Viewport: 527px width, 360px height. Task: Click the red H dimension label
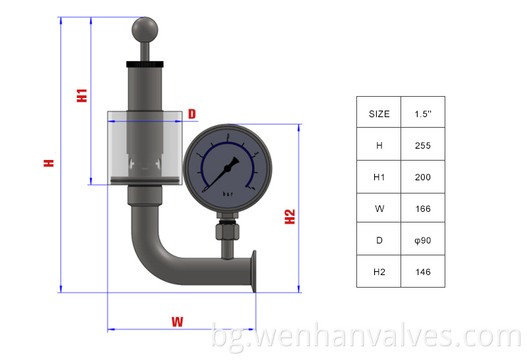[49, 162]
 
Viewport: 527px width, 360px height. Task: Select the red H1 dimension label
[82, 94]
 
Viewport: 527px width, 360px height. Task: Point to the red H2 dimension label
[290, 217]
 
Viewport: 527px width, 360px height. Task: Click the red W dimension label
[177, 322]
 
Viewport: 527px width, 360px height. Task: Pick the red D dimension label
[192, 115]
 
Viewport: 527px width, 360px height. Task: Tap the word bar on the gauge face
[228, 194]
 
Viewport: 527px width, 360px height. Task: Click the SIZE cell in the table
[379, 113]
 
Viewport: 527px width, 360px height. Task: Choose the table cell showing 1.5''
[422, 113]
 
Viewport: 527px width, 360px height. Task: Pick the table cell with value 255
[422, 145]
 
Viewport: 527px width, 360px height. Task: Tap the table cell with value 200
[422, 177]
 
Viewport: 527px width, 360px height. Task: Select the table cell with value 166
[422, 209]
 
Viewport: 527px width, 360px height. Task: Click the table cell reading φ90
[422, 240]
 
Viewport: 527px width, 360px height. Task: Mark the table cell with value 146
[422, 272]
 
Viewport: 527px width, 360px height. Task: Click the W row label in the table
[379, 209]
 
